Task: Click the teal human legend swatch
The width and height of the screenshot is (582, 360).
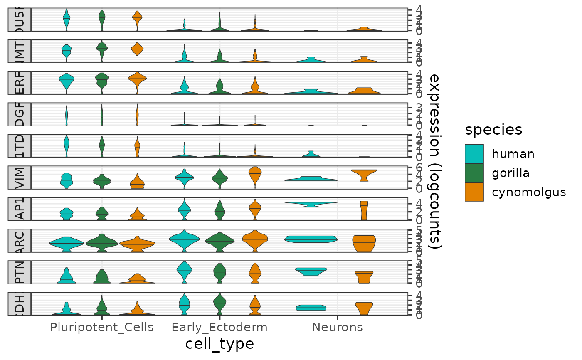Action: [x=474, y=154]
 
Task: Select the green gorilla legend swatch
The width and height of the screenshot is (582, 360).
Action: [x=474, y=173]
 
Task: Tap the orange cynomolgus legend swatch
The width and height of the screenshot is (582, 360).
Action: [x=474, y=192]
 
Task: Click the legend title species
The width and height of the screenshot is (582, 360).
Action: [x=493, y=130]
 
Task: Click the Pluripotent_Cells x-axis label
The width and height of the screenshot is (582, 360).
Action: [x=102, y=327]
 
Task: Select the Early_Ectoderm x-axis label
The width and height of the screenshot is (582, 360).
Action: [x=219, y=327]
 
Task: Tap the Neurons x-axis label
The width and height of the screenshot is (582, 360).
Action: [x=337, y=327]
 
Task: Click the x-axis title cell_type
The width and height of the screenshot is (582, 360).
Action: [x=219, y=344]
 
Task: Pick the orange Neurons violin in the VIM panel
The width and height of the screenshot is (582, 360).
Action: [x=364, y=174]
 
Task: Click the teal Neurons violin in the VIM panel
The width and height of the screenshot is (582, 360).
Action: [x=311, y=179]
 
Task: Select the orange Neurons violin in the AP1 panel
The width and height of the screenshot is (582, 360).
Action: [x=364, y=210]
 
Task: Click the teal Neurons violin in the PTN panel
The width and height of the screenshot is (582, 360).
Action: [x=311, y=271]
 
